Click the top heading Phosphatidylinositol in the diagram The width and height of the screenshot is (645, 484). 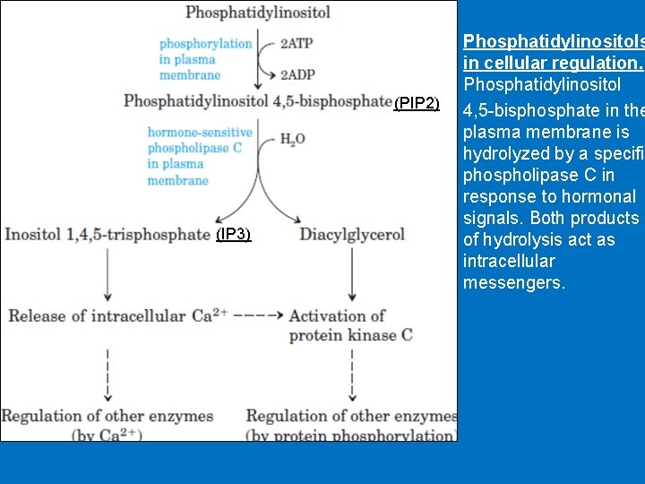pos(258,13)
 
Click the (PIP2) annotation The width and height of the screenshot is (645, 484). pos(417,104)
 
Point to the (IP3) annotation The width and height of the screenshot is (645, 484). pos(234,235)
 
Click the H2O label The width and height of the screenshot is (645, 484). pos(292,140)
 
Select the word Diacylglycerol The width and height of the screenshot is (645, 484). pos(352,235)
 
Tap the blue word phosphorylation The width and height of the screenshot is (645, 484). pos(206,43)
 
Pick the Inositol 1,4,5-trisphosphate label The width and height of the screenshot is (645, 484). pos(107,235)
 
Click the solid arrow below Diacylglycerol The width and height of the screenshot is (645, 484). pos(352,273)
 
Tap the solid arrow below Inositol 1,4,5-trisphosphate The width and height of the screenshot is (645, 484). pos(107,273)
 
